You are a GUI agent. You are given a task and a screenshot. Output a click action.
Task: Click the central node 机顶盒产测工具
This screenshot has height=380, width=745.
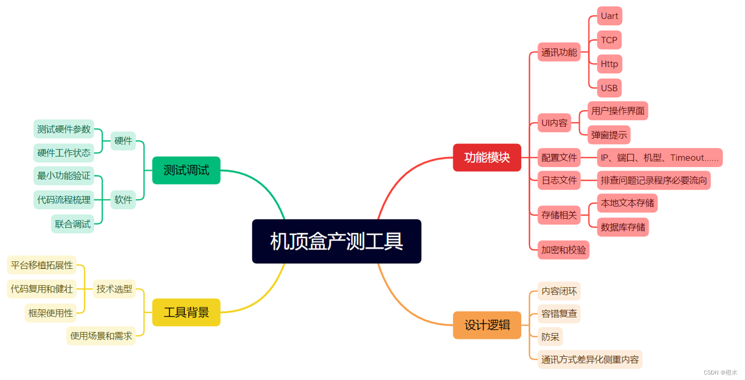tap(336, 241)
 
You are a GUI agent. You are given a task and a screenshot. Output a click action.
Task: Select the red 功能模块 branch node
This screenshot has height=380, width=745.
tap(487, 157)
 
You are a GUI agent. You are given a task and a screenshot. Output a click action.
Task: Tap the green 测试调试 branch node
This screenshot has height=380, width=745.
tap(186, 170)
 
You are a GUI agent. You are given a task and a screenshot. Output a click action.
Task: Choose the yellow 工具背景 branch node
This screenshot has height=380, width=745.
tap(186, 312)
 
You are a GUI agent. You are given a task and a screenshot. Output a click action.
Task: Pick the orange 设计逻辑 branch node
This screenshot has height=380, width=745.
tap(487, 325)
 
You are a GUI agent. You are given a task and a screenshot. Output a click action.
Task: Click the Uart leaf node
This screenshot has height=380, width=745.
tap(609, 16)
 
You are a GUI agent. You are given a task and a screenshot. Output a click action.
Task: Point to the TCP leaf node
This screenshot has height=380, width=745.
tap(609, 40)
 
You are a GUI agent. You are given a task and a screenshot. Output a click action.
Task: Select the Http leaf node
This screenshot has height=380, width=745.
tap(609, 64)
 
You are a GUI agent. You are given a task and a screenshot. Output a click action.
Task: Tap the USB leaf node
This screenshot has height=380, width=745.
tap(609, 88)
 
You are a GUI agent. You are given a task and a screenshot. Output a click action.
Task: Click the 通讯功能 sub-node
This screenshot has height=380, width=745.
tap(559, 52)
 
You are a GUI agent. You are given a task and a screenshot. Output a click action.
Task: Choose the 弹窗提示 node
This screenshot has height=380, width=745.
tap(609, 135)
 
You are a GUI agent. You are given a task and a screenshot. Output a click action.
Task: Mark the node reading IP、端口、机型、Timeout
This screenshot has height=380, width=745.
tap(660, 158)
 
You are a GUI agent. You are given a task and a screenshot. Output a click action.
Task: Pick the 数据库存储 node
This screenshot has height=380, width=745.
tap(623, 227)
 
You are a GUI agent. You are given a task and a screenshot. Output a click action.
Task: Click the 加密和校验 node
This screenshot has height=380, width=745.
tap(564, 250)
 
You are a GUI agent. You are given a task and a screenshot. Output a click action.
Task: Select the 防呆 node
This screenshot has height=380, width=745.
tap(550, 337)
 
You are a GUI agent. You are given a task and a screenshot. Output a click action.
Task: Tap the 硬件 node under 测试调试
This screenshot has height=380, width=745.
tap(123, 141)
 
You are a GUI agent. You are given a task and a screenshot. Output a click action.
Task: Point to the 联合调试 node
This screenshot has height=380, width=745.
tap(73, 224)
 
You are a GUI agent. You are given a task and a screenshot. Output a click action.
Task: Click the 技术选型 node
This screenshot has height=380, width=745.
tap(114, 288)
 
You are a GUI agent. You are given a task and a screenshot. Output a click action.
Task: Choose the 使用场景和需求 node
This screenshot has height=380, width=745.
tap(101, 336)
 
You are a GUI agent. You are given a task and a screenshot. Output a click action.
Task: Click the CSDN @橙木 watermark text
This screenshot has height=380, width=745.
tap(721, 373)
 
